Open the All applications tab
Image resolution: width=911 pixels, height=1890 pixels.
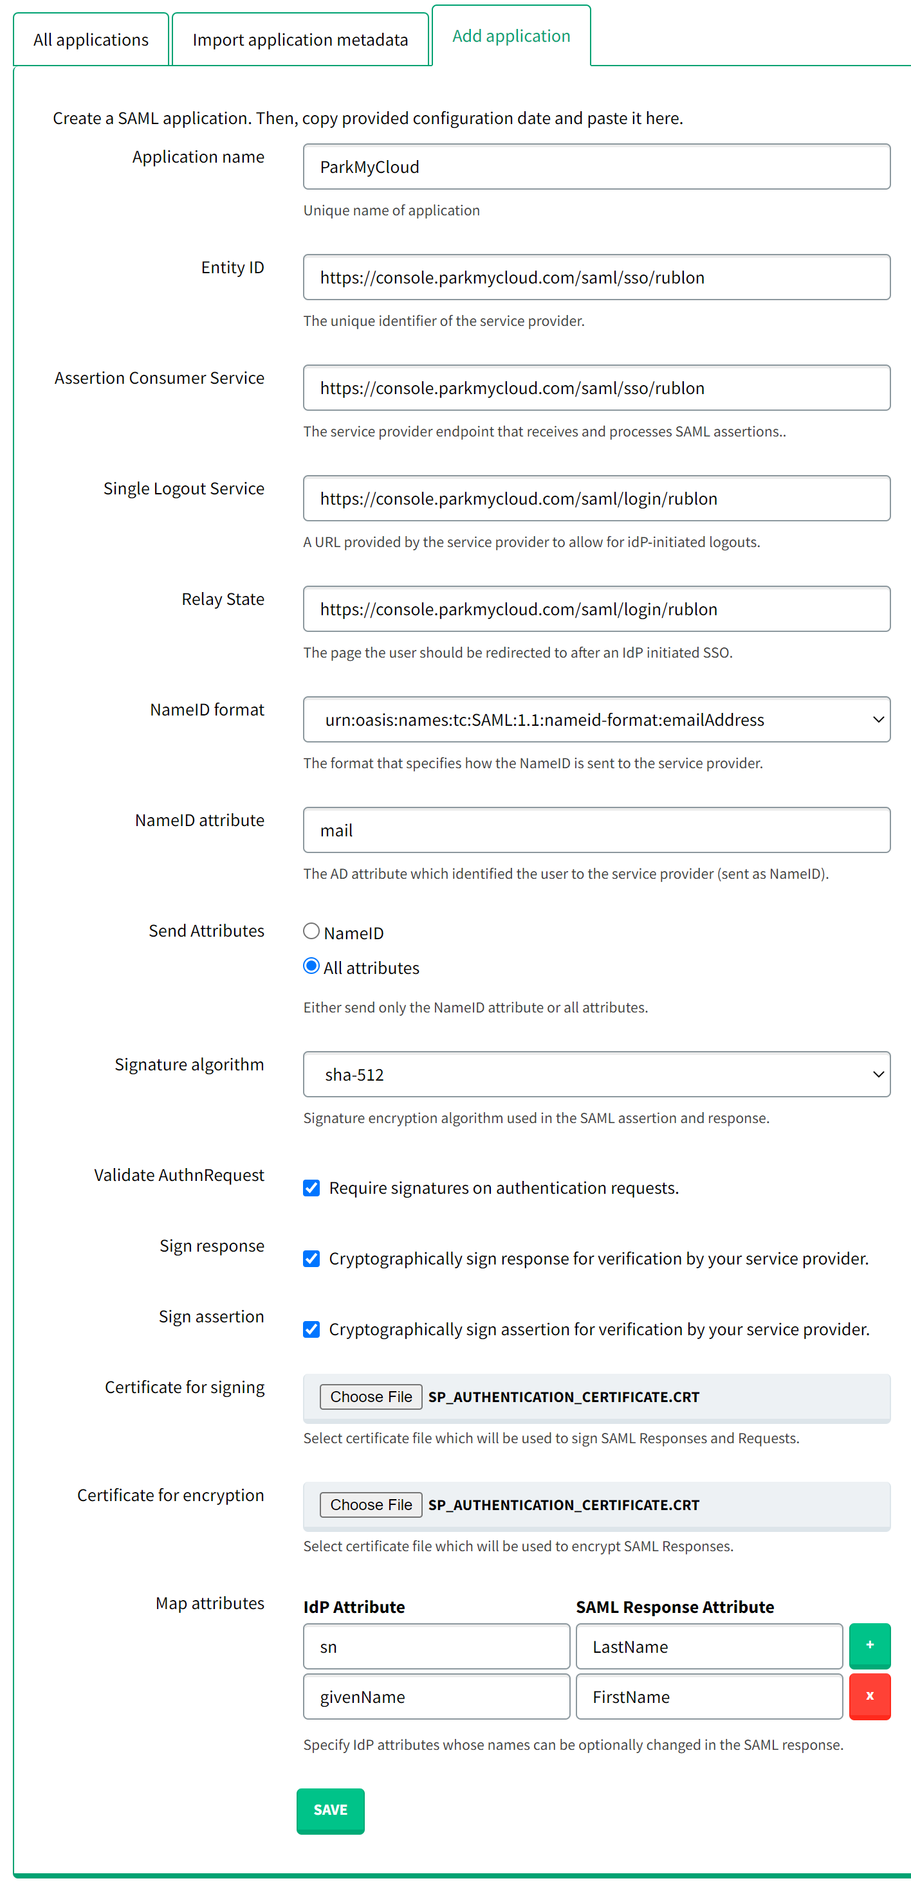pyautogui.click(x=91, y=40)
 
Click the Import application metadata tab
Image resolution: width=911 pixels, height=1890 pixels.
pyautogui.click(x=300, y=40)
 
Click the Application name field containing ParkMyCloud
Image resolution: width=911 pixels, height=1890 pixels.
pyautogui.click(x=596, y=166)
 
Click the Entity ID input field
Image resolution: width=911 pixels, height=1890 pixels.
pyautogui.click(x=596, y=277)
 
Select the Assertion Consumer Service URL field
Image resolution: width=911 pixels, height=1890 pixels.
pyautogui.click(x=596, y=388)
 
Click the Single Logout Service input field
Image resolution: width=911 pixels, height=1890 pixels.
pyautogui.click(x=596, y=499)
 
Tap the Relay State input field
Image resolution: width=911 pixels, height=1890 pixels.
pyautogui.click(x=596, y=609)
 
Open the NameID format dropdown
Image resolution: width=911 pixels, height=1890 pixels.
pyautogui.click(x=596, y=720)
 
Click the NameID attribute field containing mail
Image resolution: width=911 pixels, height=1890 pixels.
pyautogui.click(x=596, y=830)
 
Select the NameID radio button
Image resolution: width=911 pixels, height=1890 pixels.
pyautogui.click(x=311, y=931)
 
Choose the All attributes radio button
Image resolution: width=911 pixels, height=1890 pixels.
pyautogui.click(x=311, y=966)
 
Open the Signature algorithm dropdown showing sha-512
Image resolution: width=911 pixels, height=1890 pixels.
pyautogui.click(x=596, y=1074)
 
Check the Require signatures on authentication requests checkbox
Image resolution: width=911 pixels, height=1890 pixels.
pyautogui.click(x=311, y=1188)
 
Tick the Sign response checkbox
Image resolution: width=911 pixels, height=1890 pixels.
pyautogui.click(x=311, y=1259)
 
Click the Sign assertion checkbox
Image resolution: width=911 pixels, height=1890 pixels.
pyautogui.click(x=311, y=1329)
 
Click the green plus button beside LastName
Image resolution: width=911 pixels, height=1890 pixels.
pyautogui.click(x=869, y=1646)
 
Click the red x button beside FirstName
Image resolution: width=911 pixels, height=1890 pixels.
pyautogui.click(x=869, y=1697)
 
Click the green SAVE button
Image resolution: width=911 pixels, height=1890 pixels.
pyautogui.click(x=330, y=1810)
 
